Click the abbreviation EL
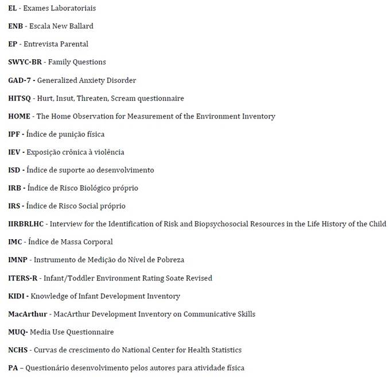click(13, 8)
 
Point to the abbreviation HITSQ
click(20, 98)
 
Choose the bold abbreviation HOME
click(20, 116)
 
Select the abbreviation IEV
click(14, 152)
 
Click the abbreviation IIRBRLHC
click(26, 224)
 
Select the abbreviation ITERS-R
click(23, 278)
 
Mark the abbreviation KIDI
click(17, 296)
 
